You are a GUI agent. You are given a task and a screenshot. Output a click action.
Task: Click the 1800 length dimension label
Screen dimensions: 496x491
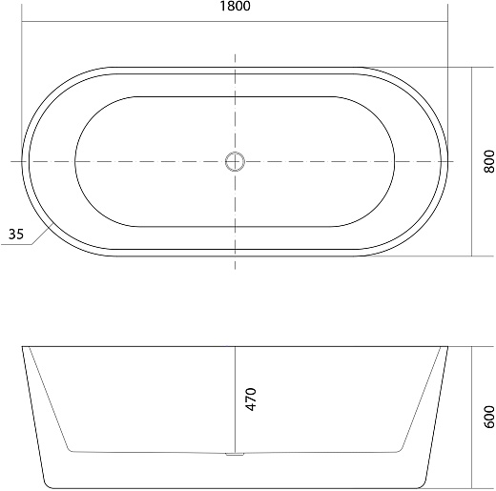click(x=235, y=6)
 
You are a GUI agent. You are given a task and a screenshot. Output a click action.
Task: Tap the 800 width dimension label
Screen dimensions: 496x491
click(x=489, y=161)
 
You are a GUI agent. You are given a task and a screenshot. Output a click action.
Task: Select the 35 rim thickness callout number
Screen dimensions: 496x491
click(x=16, y=235)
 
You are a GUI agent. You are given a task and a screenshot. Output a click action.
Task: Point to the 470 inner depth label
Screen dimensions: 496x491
click(x=251, y=399)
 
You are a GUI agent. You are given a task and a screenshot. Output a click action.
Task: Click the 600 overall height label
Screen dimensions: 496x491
click(x=489, y=417)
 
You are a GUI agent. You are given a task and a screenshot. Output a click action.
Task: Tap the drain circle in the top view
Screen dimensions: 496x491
click(x=235, y=162)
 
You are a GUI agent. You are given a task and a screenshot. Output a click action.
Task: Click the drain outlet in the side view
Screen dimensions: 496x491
click(x=235, y=454)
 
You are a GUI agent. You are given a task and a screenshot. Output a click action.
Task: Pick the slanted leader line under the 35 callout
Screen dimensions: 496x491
click(x=43, y=234)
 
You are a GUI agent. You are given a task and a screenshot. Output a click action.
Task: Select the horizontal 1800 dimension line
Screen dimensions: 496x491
click(x=235, y=22)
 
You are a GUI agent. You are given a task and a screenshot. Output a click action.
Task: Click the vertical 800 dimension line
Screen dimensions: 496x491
click(x=472, y=161)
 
